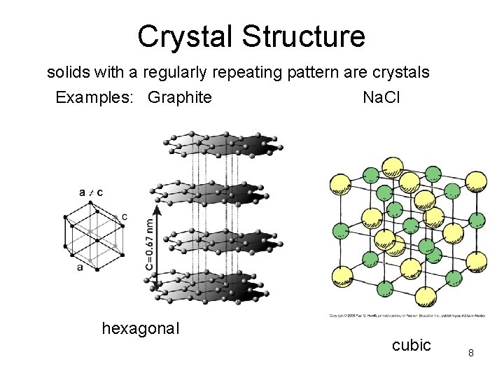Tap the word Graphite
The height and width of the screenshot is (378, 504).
179,97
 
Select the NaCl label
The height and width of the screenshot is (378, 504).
381,97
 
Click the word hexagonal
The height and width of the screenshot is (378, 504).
141,328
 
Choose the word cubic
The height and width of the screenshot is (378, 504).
411,345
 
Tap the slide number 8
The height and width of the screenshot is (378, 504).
471,353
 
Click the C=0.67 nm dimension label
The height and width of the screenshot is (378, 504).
150,244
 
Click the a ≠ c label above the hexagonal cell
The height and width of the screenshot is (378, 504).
91,192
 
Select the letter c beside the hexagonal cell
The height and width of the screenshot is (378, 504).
124,217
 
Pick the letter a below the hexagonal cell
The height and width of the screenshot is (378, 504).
80,267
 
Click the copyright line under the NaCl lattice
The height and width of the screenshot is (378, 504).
407,316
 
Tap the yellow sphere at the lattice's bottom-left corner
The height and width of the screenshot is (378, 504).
343,276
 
